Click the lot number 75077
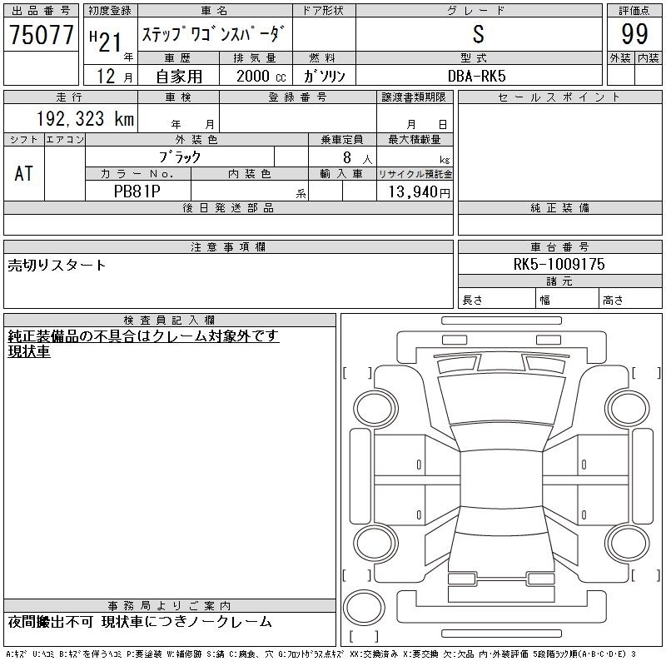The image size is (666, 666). [x=41, y=34]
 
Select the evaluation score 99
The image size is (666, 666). [x=634, y=34]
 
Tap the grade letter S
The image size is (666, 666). [x=478, y=34]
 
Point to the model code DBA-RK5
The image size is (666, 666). [x=476, y=76]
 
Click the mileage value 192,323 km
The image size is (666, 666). [x=85, y=118]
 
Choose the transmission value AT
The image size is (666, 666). [x=24, y=173]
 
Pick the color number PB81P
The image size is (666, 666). [x=137, y=191]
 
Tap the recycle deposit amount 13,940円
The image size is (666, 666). [x=419, y=191]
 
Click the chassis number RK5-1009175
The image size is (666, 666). [x=559, y=264]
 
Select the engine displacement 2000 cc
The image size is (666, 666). [x=261, y=76]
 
